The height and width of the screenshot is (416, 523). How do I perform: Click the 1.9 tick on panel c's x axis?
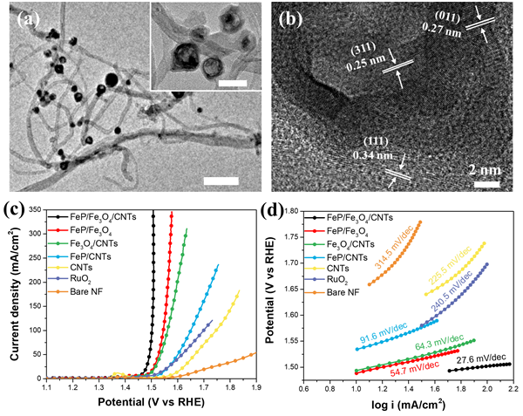[254, 387]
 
